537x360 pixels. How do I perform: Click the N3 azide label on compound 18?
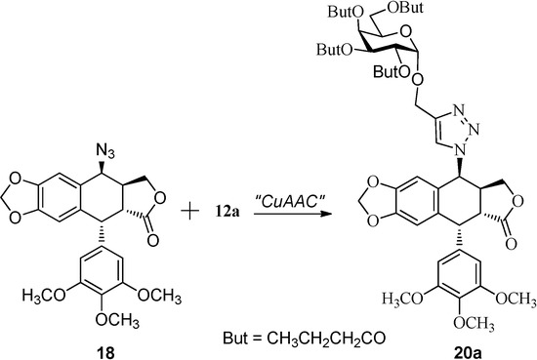click(108, 148)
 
